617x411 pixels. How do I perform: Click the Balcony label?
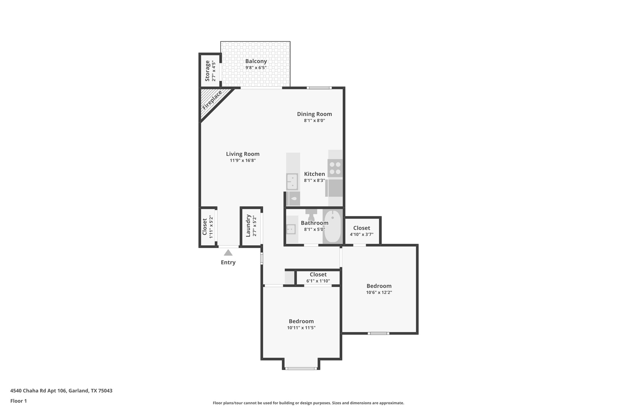[256, 61]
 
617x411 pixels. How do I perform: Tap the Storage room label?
[208, 71]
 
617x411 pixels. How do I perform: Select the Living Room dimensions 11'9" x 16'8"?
[243, 161]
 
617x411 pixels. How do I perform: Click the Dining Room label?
[314, 114]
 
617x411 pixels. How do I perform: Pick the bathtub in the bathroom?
[332, 227]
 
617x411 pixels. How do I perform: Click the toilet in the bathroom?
[311, 215]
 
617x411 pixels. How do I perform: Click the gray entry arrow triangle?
[228, 253]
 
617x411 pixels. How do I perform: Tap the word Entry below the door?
[228, 263]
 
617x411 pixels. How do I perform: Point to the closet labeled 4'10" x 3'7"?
[361, 231]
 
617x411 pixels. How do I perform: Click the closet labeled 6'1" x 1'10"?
[318, 277]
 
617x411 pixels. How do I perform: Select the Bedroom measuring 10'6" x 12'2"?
[379, 289]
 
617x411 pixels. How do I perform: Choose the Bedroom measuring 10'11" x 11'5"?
[301, 324]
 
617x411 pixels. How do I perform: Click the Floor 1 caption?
[18, 401]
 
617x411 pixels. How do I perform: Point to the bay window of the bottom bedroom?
[301, 368]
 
